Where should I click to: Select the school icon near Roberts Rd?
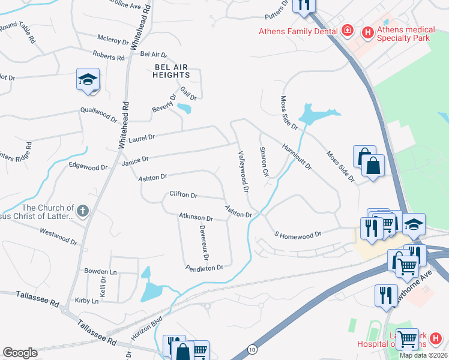click(x=88, y=80)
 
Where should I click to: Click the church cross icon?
click(x=83, y=211)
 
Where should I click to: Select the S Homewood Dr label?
click(x=298, y=234)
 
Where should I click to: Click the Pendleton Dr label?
click(x=204, y=267)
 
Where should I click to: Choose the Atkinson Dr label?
click(x=196, y=217)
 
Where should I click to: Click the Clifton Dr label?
click(x=184, y=194)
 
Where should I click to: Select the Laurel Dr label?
click(x=142, y=137)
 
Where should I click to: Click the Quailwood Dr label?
click(x=99, y=115)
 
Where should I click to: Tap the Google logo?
click(x=20, y=353)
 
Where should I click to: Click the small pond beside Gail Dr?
click(x=184, y=109)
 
